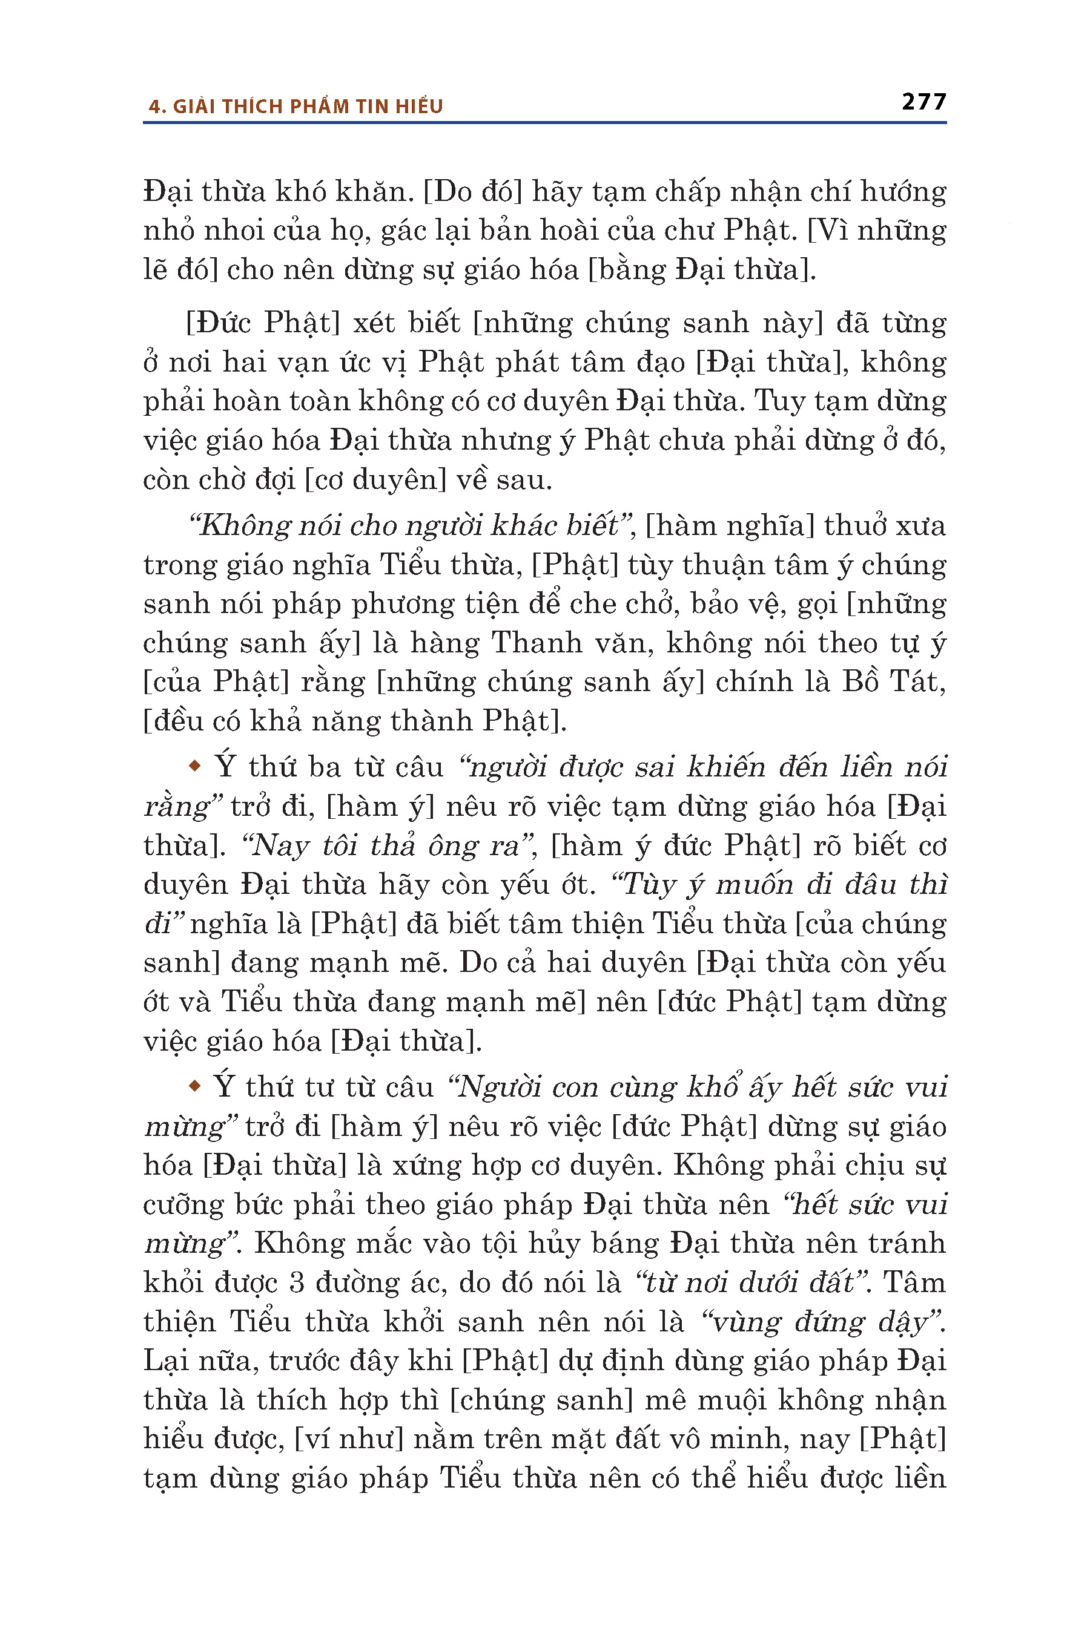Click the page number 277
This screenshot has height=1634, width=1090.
click(x=923, y=102)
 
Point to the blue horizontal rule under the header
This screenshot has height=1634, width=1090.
click(x=544, y=123)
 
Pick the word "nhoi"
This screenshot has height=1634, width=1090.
click(x=234, y=231)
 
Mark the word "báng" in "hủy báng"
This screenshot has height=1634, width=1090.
click(x=630, y=1244)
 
